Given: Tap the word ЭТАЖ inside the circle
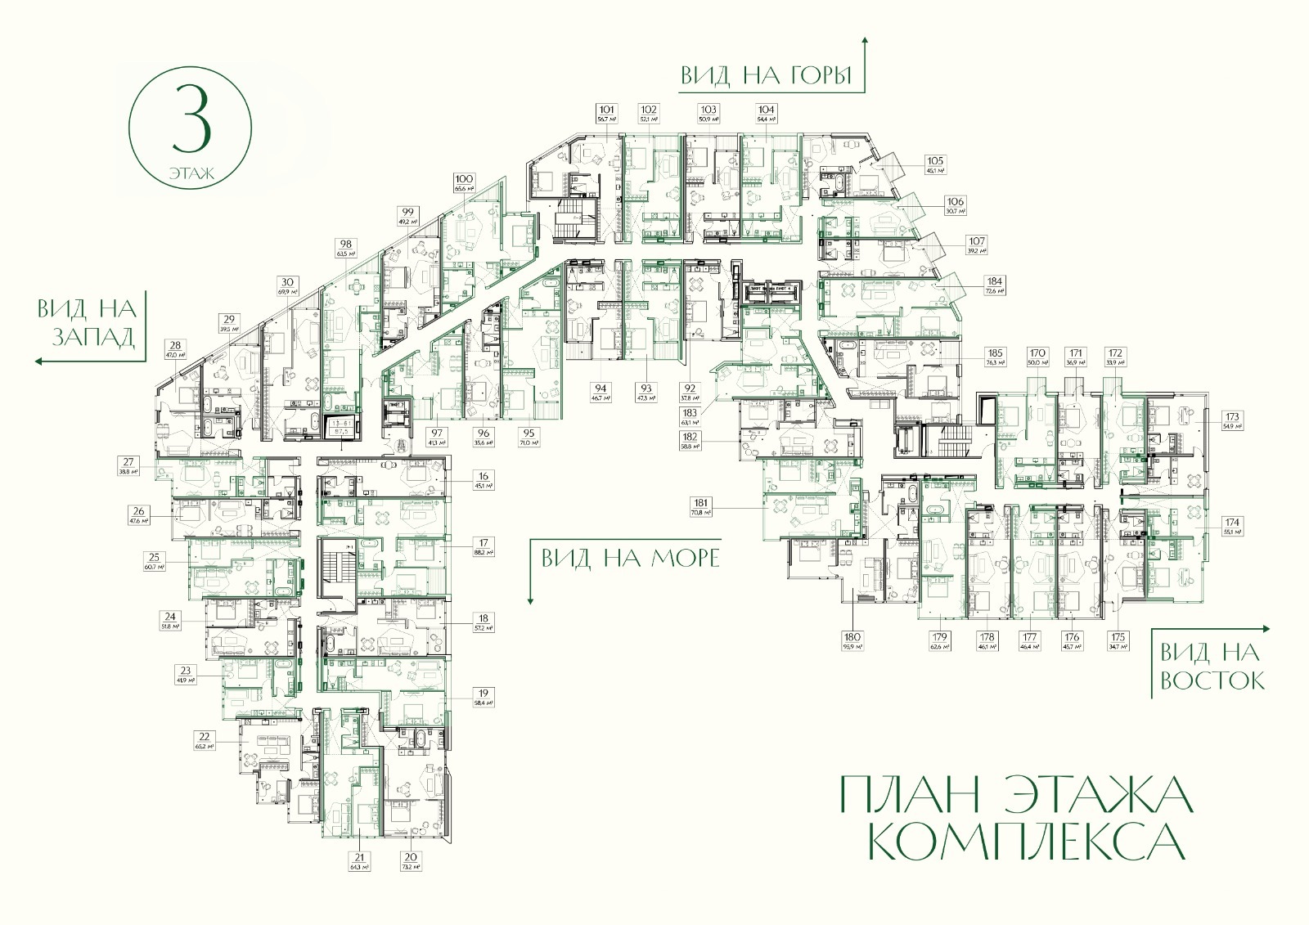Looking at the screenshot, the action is pyautogui.click(x=191, y=173).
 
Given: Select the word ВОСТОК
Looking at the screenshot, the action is pyautogui.click(x=1212, y=680).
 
